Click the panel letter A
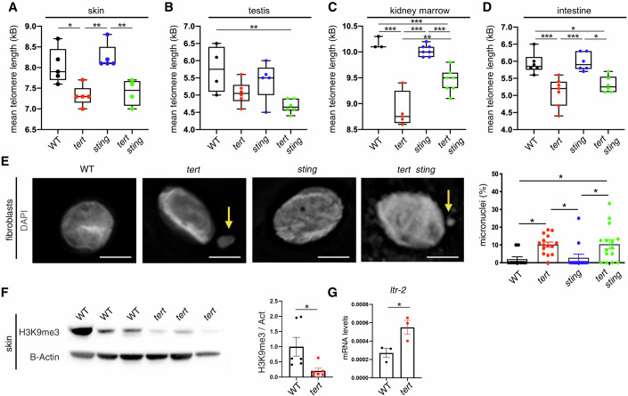(7, 8)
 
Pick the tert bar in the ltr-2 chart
(534, 352)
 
